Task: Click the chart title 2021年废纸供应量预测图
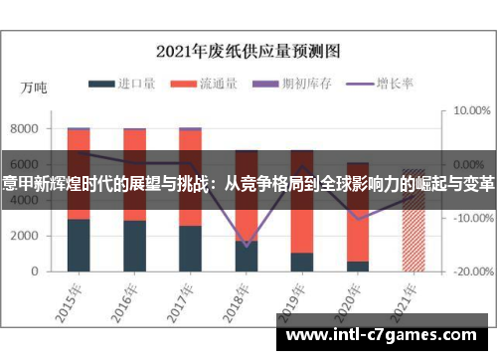(248, 49)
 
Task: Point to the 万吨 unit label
(34, 89)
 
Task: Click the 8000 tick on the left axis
(25, 129)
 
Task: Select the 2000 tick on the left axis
(25, 236)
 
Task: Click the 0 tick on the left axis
(35, 271)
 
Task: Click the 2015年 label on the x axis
(67, 295)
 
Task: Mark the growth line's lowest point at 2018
(247, 245)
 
